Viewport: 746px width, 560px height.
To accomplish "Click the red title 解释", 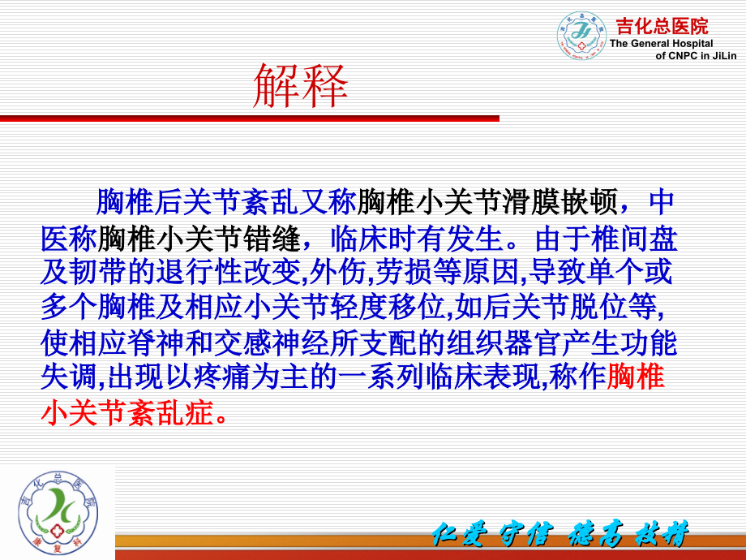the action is (x=301, y=86).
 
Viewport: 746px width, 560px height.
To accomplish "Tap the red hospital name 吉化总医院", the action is (x=662, y=26).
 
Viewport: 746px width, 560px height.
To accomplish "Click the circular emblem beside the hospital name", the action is (x=581, y=35).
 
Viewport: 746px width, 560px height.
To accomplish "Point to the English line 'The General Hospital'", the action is (x=662, y=43).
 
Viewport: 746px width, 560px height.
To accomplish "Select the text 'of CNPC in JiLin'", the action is (x=696, y=56).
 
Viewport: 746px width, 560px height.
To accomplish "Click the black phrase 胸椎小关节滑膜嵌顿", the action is (x=487, y=202).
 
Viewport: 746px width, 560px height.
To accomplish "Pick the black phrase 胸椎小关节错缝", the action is (x=199, y=238).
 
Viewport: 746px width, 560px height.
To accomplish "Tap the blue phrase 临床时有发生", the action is (x=416, y=238).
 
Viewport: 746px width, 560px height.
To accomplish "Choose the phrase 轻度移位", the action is (x=388, y=307).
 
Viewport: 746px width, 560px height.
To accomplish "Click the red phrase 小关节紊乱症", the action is (x=127, y=412).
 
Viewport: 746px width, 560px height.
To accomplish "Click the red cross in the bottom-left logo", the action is (x=58, y=531).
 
